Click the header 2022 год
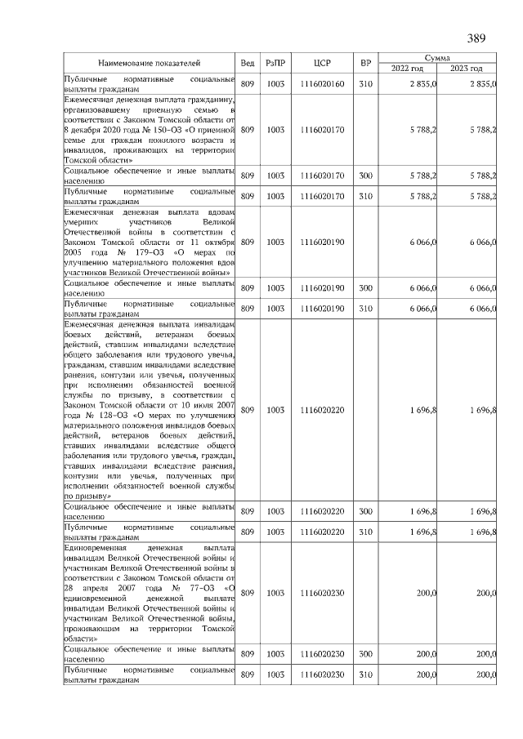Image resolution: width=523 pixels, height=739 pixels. [406, 68]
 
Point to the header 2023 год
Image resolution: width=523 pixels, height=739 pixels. [467, 68]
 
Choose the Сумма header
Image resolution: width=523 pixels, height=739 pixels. [436, 58]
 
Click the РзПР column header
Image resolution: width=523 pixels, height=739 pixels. [275, 63]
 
